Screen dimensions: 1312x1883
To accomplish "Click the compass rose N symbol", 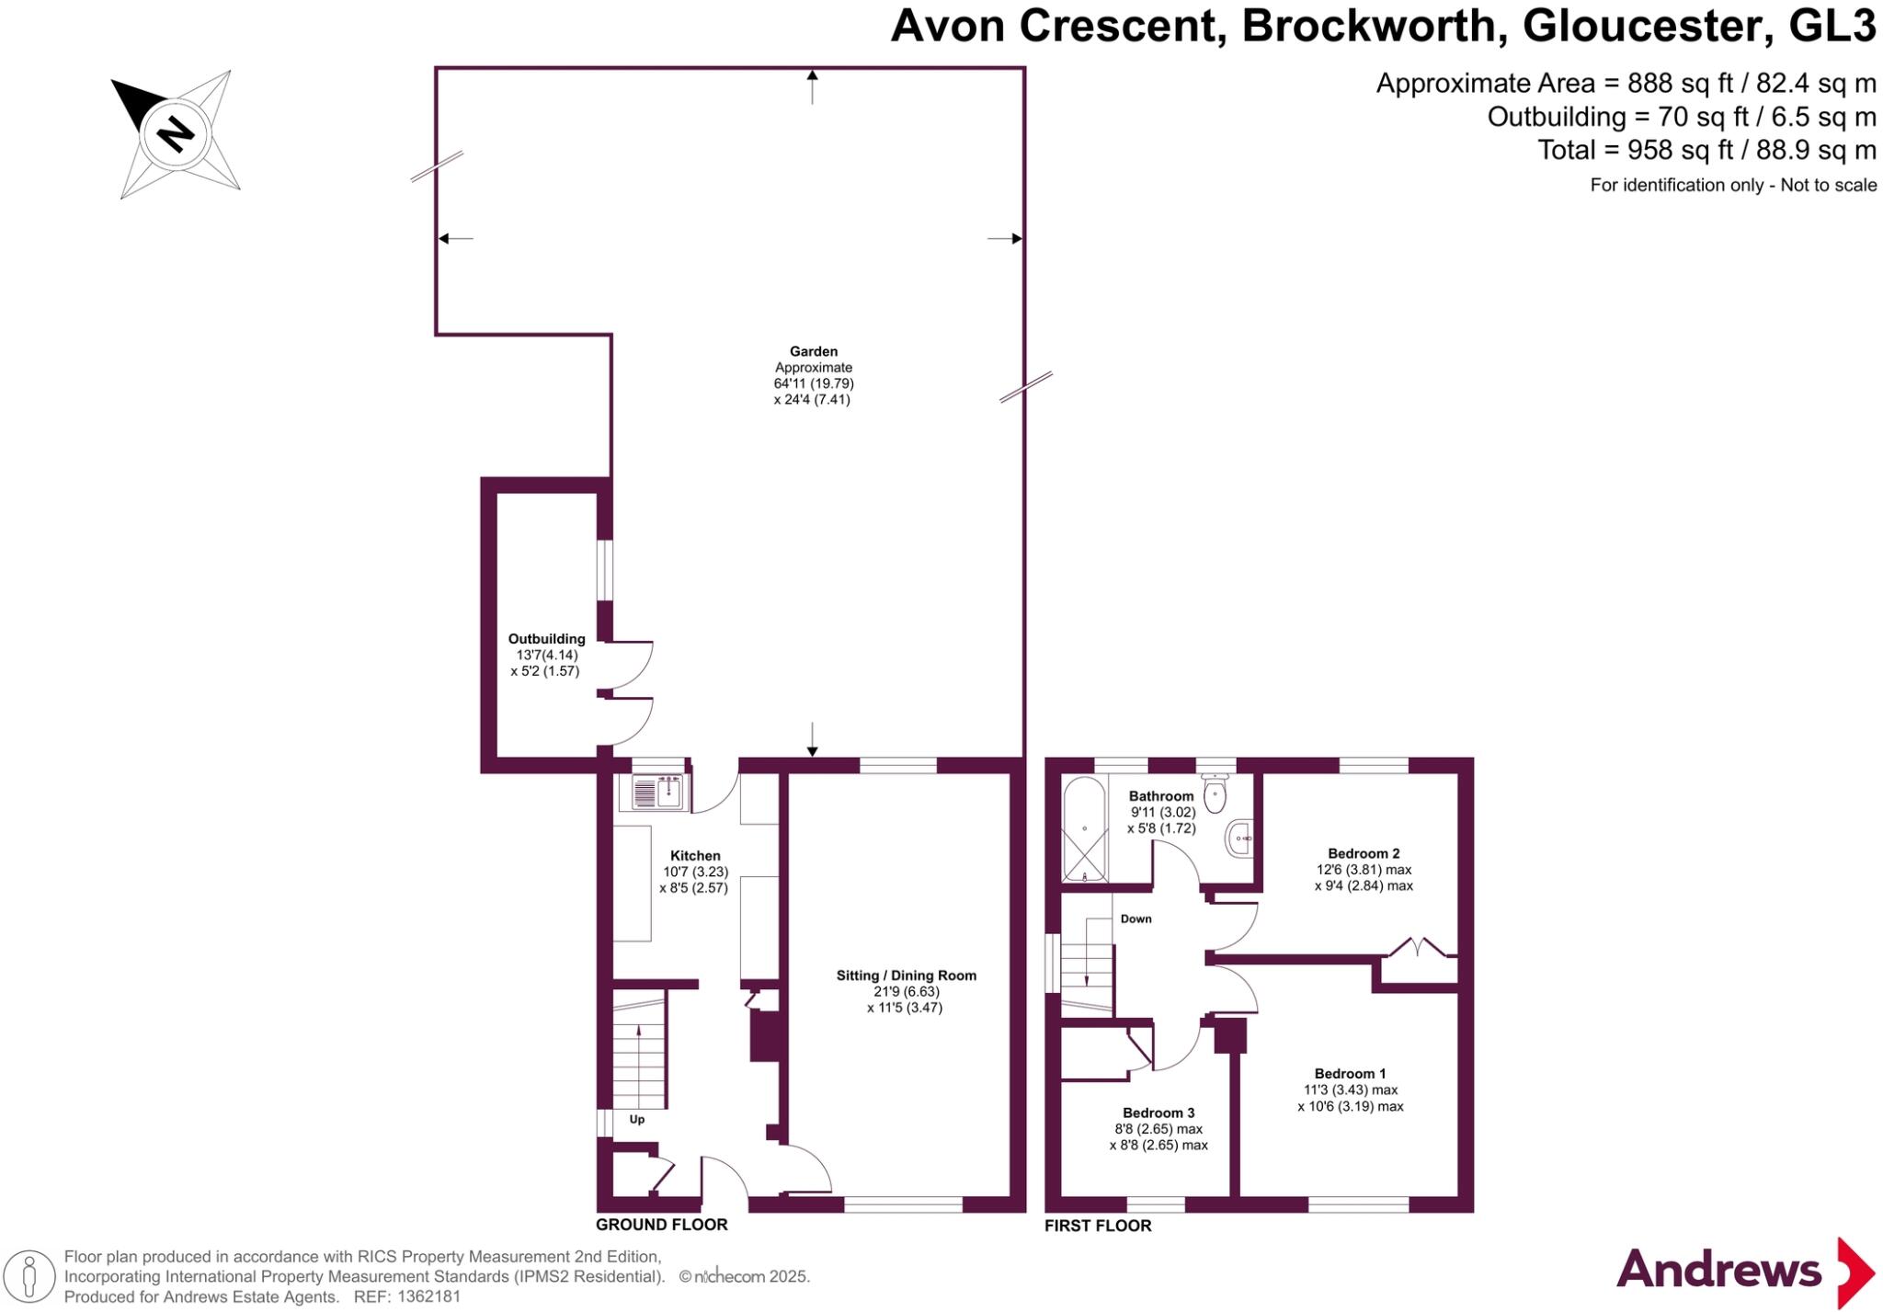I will tap(175, 134).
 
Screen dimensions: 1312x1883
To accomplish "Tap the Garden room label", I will tap(813, 351).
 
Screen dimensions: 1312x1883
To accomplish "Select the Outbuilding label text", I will tap(546, 639).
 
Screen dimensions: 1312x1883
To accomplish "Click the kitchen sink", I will tap(656, 793).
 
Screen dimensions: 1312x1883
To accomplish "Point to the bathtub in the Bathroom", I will tap(1084, 829).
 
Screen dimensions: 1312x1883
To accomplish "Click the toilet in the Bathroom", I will tap(1215, 795).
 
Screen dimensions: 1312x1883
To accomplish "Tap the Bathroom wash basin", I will tap(1240, 839).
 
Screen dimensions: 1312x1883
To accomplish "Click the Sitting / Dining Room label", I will tap(906, 975).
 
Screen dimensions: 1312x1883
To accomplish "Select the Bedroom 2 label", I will tap(1363, 853).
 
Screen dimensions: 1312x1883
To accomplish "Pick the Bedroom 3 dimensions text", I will tap(1158, 1137).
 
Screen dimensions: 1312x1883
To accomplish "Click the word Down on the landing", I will tap(1136, 918).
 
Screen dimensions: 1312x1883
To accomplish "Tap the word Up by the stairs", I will tap(636, 1119).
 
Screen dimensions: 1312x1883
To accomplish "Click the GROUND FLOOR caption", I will tap(661, 1225).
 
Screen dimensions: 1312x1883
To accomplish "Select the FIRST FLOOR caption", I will tap(1098, 1226).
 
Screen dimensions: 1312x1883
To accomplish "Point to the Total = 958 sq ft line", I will tap(1706, 150).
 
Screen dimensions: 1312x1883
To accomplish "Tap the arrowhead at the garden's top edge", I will tap(812, 74).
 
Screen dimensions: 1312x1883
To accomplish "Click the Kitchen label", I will tap(695, 856).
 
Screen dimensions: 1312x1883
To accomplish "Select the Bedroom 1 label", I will tap(1350, 1074).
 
